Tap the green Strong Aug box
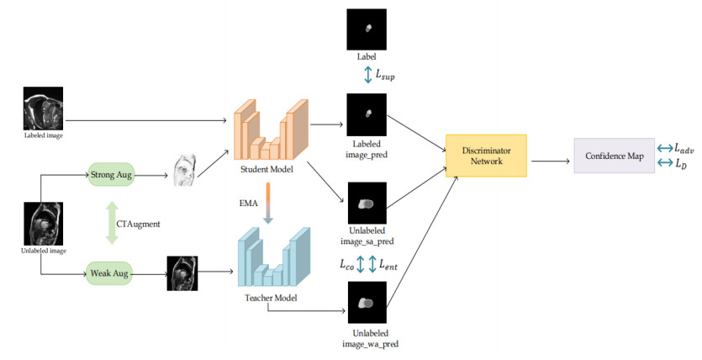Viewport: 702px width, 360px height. coord(111,177)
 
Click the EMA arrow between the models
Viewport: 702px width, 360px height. coord(268,204)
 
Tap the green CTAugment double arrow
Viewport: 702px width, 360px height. coord(111,225)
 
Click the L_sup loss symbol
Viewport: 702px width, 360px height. coord(393,76)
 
